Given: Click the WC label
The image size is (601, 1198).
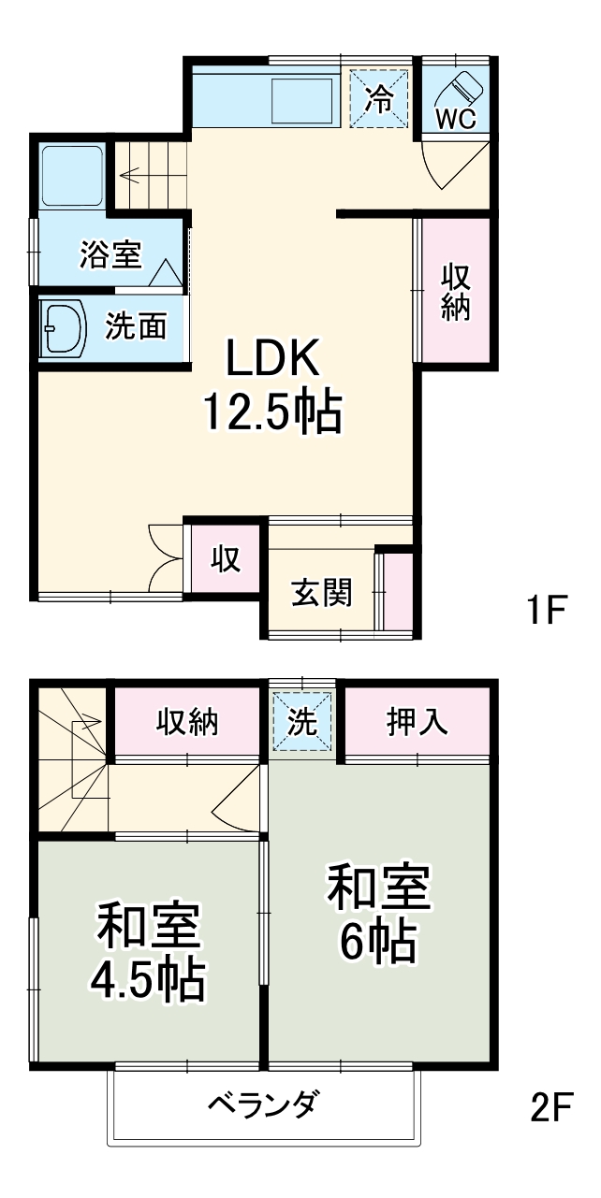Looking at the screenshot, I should point(457,118).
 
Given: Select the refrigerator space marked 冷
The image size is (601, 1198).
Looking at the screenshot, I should point(379,97).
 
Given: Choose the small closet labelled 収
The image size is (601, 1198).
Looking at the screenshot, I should point(226,560).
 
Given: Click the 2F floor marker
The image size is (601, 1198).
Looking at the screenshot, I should point(550,1108).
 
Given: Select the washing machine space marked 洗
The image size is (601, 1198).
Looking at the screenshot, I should point(302,721).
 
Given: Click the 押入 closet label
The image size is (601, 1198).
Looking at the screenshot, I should point(417,721).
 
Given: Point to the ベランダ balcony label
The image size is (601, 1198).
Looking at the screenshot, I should point(262,1105).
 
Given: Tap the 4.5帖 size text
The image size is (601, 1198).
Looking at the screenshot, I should point(147,979).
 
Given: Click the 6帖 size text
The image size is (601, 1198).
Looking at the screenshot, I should point(377,943).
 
